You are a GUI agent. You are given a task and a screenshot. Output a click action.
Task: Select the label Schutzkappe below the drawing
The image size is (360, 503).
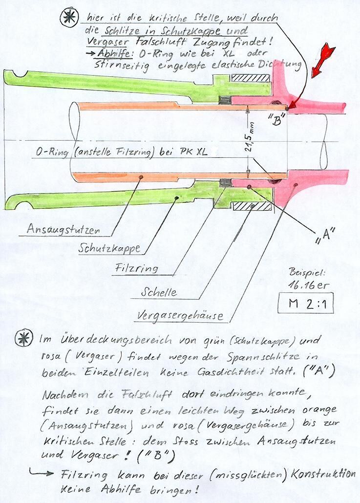click(109, 248)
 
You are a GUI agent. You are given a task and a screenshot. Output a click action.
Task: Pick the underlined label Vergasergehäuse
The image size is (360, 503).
click(179, 315)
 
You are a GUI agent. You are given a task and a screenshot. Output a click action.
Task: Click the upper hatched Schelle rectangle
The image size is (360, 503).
click(251, 78)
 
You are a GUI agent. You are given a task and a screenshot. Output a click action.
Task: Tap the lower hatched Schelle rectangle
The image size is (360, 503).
click(252, 206)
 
